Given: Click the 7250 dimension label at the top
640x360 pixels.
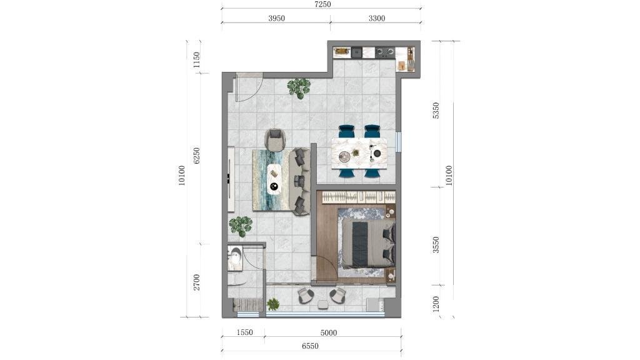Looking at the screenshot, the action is click(322, 4).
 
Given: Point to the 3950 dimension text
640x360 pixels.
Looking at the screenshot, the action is click(276, 18).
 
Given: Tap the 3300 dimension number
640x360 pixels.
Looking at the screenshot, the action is click(376, 18).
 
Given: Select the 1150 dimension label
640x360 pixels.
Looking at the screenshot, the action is click(196, 60).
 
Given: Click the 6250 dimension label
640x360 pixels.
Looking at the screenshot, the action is click(196, 156).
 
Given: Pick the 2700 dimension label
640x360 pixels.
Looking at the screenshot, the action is click(196, 282).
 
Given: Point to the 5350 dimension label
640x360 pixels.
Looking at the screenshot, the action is click(436, 111).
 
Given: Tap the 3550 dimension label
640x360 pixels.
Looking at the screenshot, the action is click(436, 244).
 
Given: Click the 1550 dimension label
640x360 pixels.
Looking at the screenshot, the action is click(244, 332).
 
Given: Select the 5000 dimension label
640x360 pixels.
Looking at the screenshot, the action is click(329, 332).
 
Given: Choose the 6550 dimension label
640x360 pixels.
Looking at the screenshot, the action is click(310, 346).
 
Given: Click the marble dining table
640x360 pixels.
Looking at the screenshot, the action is click(359, 154).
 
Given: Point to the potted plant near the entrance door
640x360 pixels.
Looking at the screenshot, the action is click(299, 87).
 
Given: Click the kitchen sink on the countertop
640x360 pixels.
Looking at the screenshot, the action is click(356, 52).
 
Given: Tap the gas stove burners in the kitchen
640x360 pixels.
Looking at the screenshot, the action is click(385, 52).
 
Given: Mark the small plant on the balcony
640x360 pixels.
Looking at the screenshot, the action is click(273, 304).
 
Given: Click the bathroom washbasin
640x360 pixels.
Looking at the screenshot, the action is click(235, 259).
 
